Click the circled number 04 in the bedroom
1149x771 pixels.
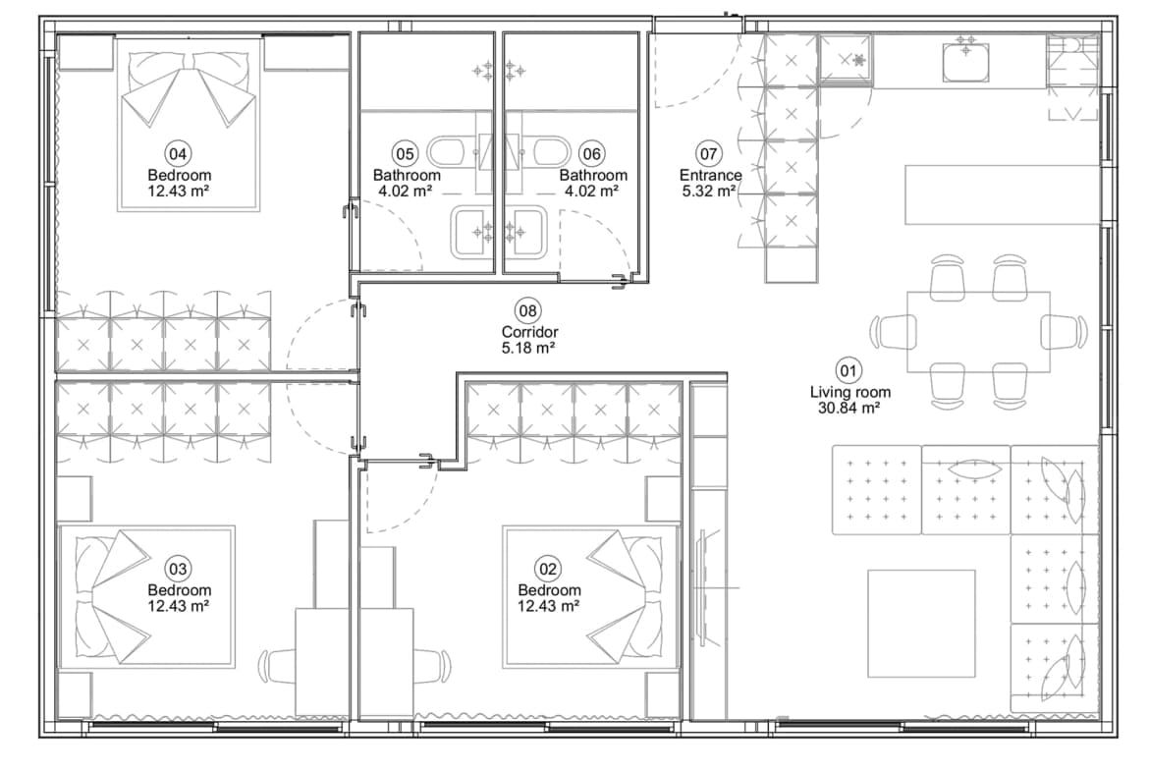tap(178, 154)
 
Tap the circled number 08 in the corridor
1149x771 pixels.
tap(527, 310)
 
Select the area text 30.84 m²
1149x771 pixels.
tap(849, 409)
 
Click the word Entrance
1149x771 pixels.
tap(710, 175)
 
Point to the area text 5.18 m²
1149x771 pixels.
tap(527, 348)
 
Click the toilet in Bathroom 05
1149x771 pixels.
tap(446, 152)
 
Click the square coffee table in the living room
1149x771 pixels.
tap(921, 624)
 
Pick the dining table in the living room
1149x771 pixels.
tap(978, 332)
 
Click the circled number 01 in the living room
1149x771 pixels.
tap(848, 371)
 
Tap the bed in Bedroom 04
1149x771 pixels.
tap(190, 125)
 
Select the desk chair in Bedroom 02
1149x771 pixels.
tap(432, 666)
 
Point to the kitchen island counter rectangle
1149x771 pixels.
tap(1003, 194)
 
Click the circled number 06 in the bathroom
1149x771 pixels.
tap(590, 154)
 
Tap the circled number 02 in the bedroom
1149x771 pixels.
tap(548, 569)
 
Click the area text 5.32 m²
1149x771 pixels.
tap(709, 192)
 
